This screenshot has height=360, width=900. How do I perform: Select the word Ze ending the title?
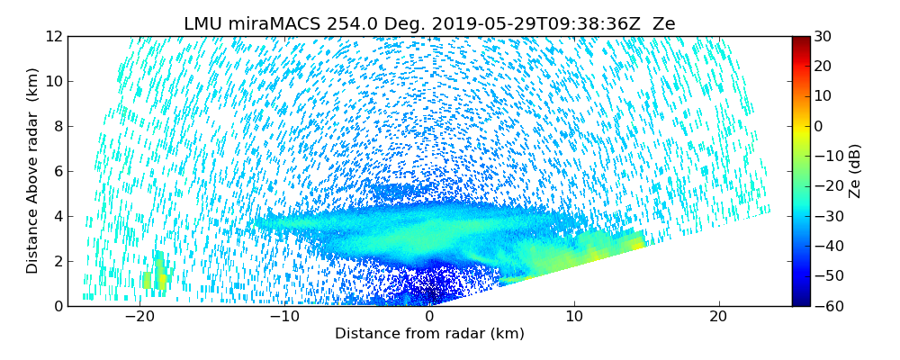(663, 24)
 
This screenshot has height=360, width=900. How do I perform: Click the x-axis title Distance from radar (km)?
(429, 334)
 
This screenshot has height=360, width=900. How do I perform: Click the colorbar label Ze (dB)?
(855, 171)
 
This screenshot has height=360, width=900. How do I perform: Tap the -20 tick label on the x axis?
(139, 316)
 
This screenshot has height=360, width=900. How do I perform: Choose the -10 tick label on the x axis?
(284, 316)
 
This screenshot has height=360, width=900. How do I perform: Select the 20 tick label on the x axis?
(718, 316)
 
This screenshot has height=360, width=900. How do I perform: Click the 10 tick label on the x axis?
(574, 316)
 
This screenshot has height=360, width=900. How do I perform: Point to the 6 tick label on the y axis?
(57, 171)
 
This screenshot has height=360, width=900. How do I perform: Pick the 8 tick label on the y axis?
(57, 126)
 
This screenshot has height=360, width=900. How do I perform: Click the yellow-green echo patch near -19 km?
(154, 274)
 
